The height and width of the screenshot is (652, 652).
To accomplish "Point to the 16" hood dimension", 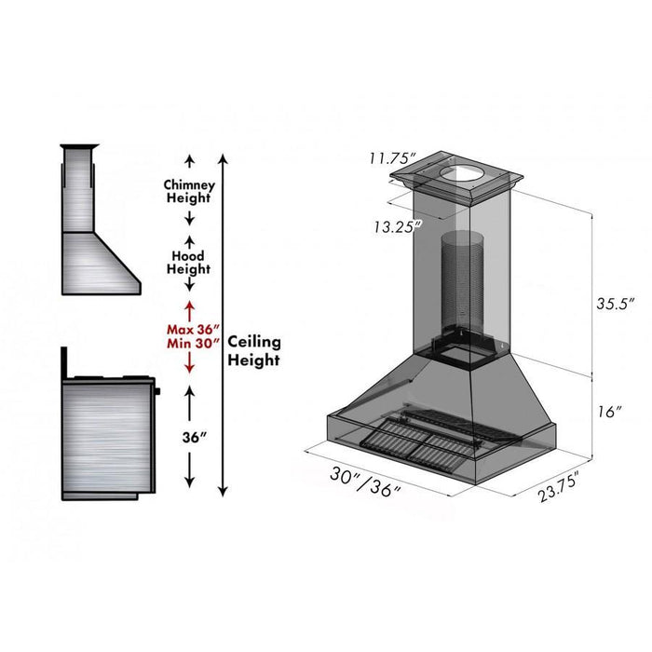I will tap(612, 412).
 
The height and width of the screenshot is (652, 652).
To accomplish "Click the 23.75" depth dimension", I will tap(559, 486).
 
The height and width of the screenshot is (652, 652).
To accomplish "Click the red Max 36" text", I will tap(193, 329).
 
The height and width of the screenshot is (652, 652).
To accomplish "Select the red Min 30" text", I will tap(193, 344).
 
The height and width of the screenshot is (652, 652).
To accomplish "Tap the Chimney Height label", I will tap(188, 191).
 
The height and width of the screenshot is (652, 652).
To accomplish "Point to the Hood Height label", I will tap(188, 262).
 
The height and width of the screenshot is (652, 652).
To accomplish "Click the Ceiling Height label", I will tap(253, 351).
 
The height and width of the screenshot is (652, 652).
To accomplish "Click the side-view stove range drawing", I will tap(107, 428).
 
